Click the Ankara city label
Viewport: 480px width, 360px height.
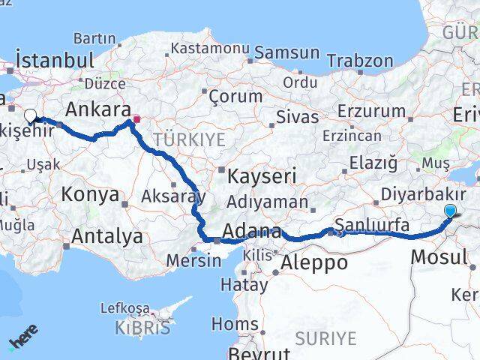(99, 109)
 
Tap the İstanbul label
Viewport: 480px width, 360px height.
(55, 61)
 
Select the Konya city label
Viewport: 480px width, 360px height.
(91, 194)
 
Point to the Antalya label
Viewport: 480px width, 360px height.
(107, 237)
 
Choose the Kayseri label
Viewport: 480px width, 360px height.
(262, 176)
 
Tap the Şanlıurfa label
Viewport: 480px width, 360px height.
(372, 225)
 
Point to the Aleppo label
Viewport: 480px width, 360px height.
(314, 262)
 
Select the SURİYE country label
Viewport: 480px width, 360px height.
(325, 338)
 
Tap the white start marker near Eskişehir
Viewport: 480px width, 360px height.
(31, 115)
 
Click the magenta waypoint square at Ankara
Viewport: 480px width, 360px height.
(136, 118)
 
